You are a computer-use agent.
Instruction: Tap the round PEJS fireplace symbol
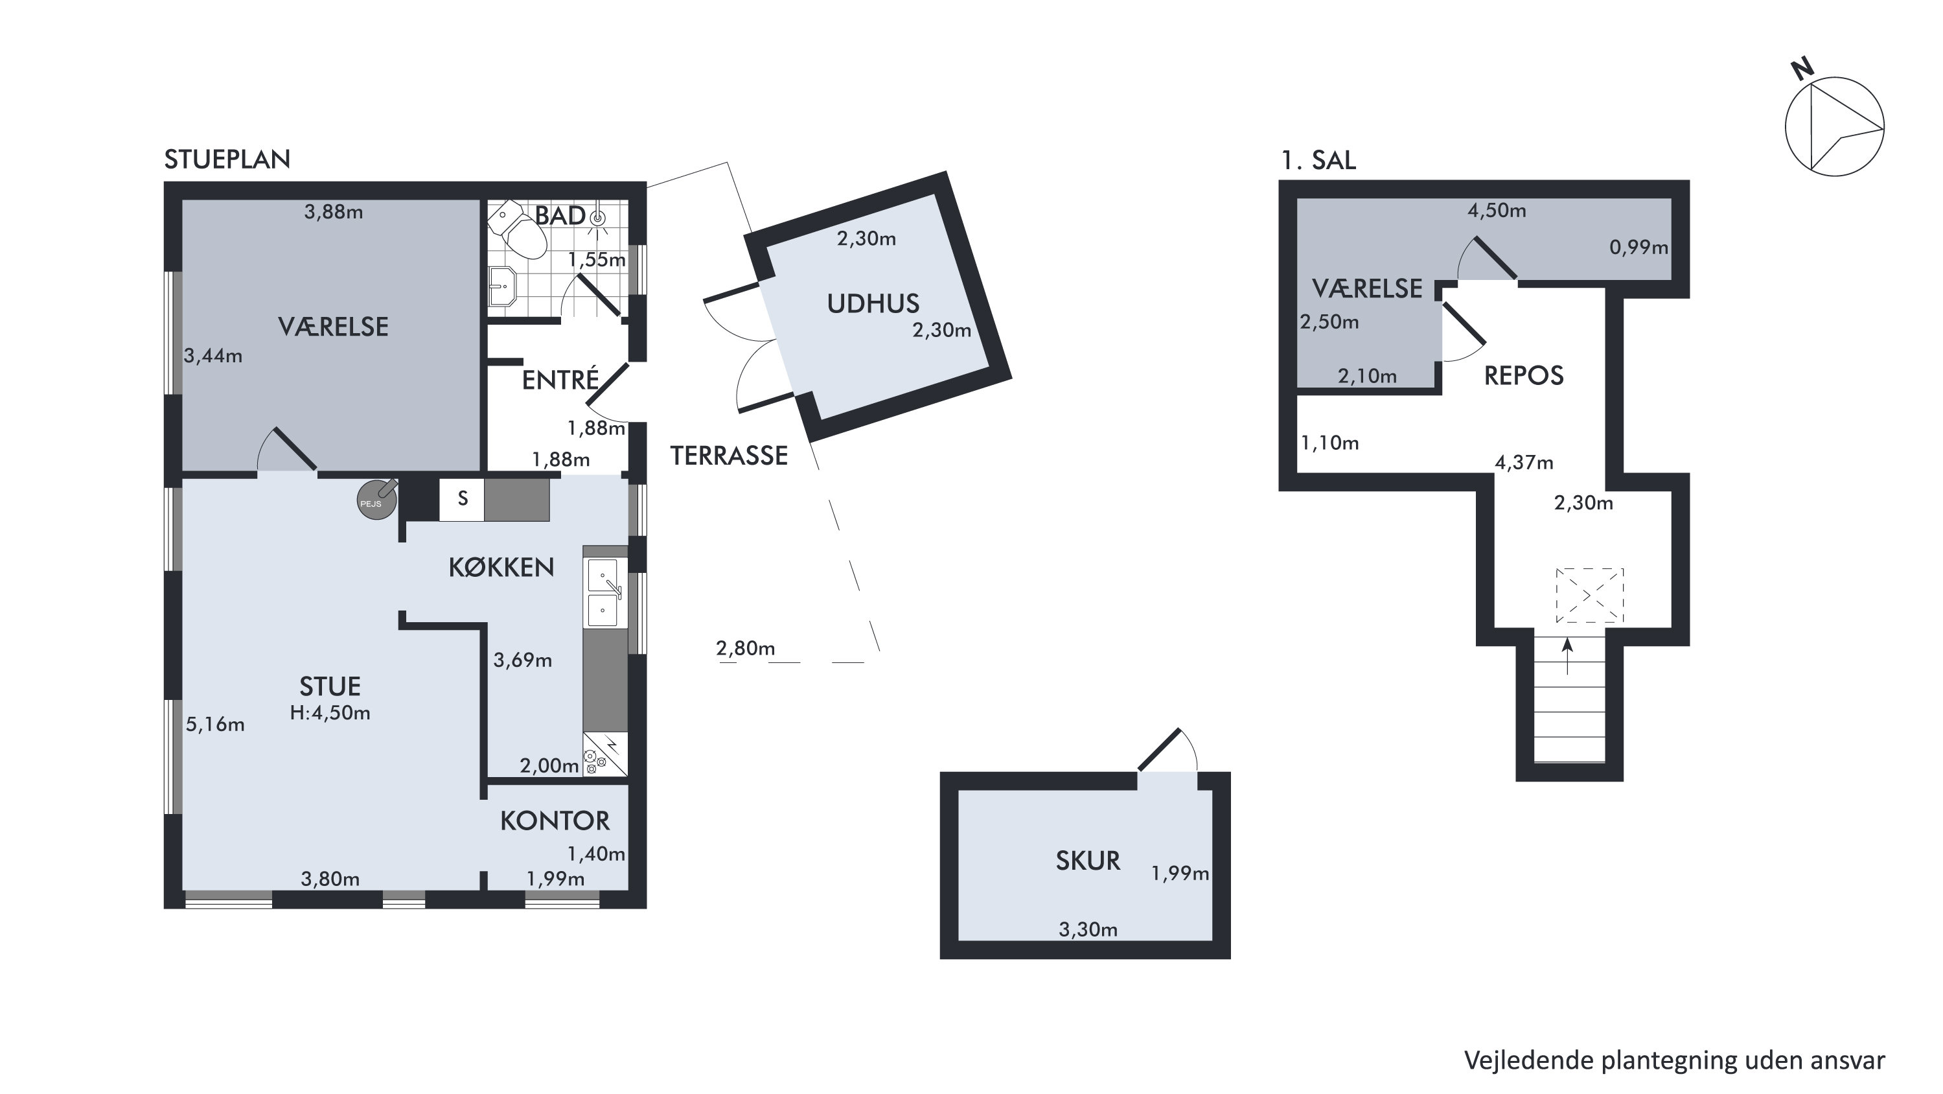376,500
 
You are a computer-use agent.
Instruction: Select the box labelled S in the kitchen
461,498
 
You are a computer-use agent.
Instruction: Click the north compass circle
1834,127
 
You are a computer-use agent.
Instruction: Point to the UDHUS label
873,303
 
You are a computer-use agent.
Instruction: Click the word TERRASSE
729,455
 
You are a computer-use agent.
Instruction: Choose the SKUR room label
1088,861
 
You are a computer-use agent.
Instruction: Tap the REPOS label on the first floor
1524,376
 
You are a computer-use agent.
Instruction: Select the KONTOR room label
555,821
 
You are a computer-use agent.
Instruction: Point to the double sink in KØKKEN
605,592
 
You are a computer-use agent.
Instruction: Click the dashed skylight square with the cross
1589,596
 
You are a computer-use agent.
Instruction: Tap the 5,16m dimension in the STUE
215,725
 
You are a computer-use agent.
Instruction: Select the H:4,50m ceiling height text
330,713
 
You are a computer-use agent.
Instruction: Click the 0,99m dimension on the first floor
1638,248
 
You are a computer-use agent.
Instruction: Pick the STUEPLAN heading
227,159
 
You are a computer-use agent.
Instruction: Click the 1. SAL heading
1318,160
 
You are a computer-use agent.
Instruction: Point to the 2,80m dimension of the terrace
745,648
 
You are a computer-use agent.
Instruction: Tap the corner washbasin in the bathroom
501,288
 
